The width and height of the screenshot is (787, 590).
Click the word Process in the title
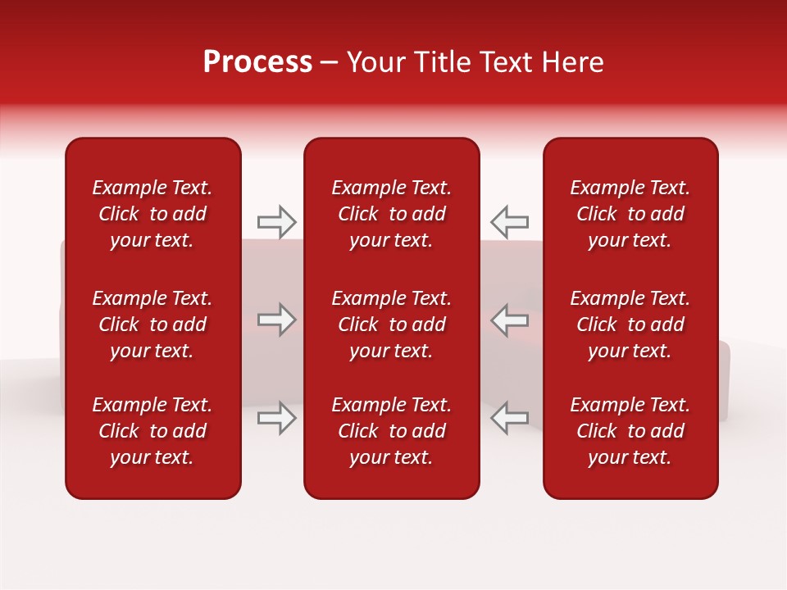pyautogui.click(x=257, y=62)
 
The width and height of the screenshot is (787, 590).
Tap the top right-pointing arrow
pyautogui.click(x=276, y=221)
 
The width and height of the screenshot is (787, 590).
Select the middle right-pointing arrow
pyautogui.click(x=276, y=320)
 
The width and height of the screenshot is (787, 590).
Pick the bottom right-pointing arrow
pyautogui.click(x=276, y=418)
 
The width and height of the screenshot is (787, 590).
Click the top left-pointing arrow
pyautogui.click(x=509, y=221)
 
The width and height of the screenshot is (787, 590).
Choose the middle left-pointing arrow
pyautogui.click(x=509, y=320)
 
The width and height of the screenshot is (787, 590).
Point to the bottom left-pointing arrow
pyautogui.click(x=509, y=418)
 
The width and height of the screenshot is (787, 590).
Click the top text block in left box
pyautogui.click(x=152, y=214)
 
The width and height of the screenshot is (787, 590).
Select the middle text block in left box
pyautogui.click(x=152, y=324)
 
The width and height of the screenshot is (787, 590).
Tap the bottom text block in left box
pyautogui.click(x=152, y=431)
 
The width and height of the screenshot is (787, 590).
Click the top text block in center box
pyautogui.click(x=392, y=214)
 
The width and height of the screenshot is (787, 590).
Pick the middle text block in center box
pyautogui.click(x=392, y=324)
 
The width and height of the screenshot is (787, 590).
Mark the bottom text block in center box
pyautogui.click(x=392, y=431)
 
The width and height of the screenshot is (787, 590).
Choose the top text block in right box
pyautogui.click(x=630, y=214)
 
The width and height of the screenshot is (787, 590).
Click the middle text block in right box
pyautogui.click(x=630, y=324)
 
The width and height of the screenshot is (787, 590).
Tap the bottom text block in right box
pyautogui.click(x=630, y=431)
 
